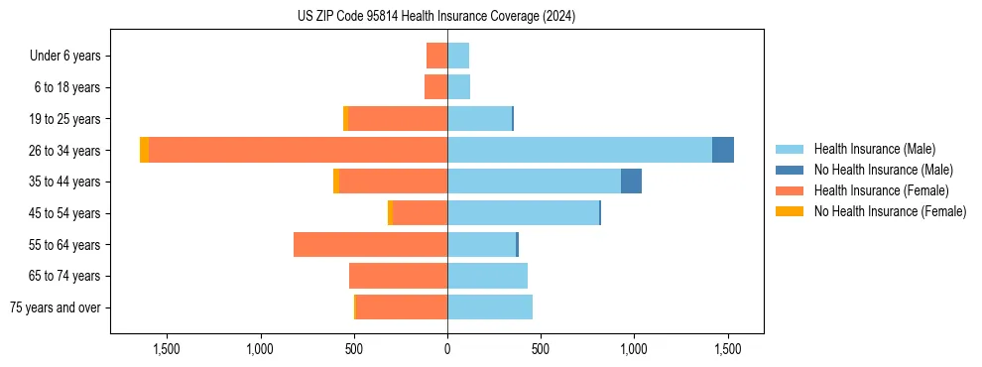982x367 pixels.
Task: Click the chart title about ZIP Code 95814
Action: click(436, 17)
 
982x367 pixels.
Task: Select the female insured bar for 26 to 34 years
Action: click(298, 150)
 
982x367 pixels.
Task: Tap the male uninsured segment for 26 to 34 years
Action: click(723, 150)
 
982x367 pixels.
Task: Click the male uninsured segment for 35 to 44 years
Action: click(631, 182)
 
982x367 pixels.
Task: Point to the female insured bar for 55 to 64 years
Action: click(370, 244)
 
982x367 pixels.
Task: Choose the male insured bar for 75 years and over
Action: click(490, 307)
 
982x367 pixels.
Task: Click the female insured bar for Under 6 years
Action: click(436, 56)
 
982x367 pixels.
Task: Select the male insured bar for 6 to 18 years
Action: click(458, 87)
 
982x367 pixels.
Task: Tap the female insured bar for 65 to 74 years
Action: click(398, 276)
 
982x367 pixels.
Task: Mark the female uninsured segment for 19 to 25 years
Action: click(345, 118)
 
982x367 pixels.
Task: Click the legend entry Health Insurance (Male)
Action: click(874, 149)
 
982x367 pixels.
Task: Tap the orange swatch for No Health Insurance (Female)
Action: click(791, 211)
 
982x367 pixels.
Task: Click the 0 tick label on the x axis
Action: click(447, 348)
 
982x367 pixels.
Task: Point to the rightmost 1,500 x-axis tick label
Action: click(728, 348)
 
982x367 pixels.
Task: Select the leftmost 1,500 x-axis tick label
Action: click(166, 348)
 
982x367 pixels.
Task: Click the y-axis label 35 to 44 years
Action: click(64, 182)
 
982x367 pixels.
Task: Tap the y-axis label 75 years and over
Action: click(56, 307)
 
